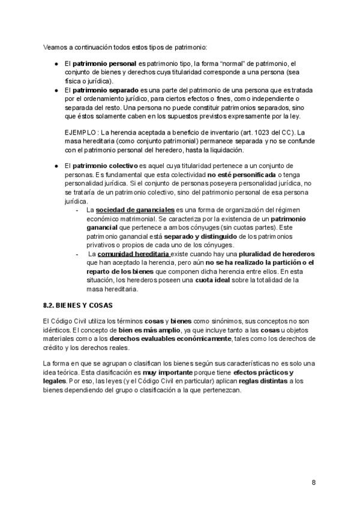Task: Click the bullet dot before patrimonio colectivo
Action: (x=55, y=165)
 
